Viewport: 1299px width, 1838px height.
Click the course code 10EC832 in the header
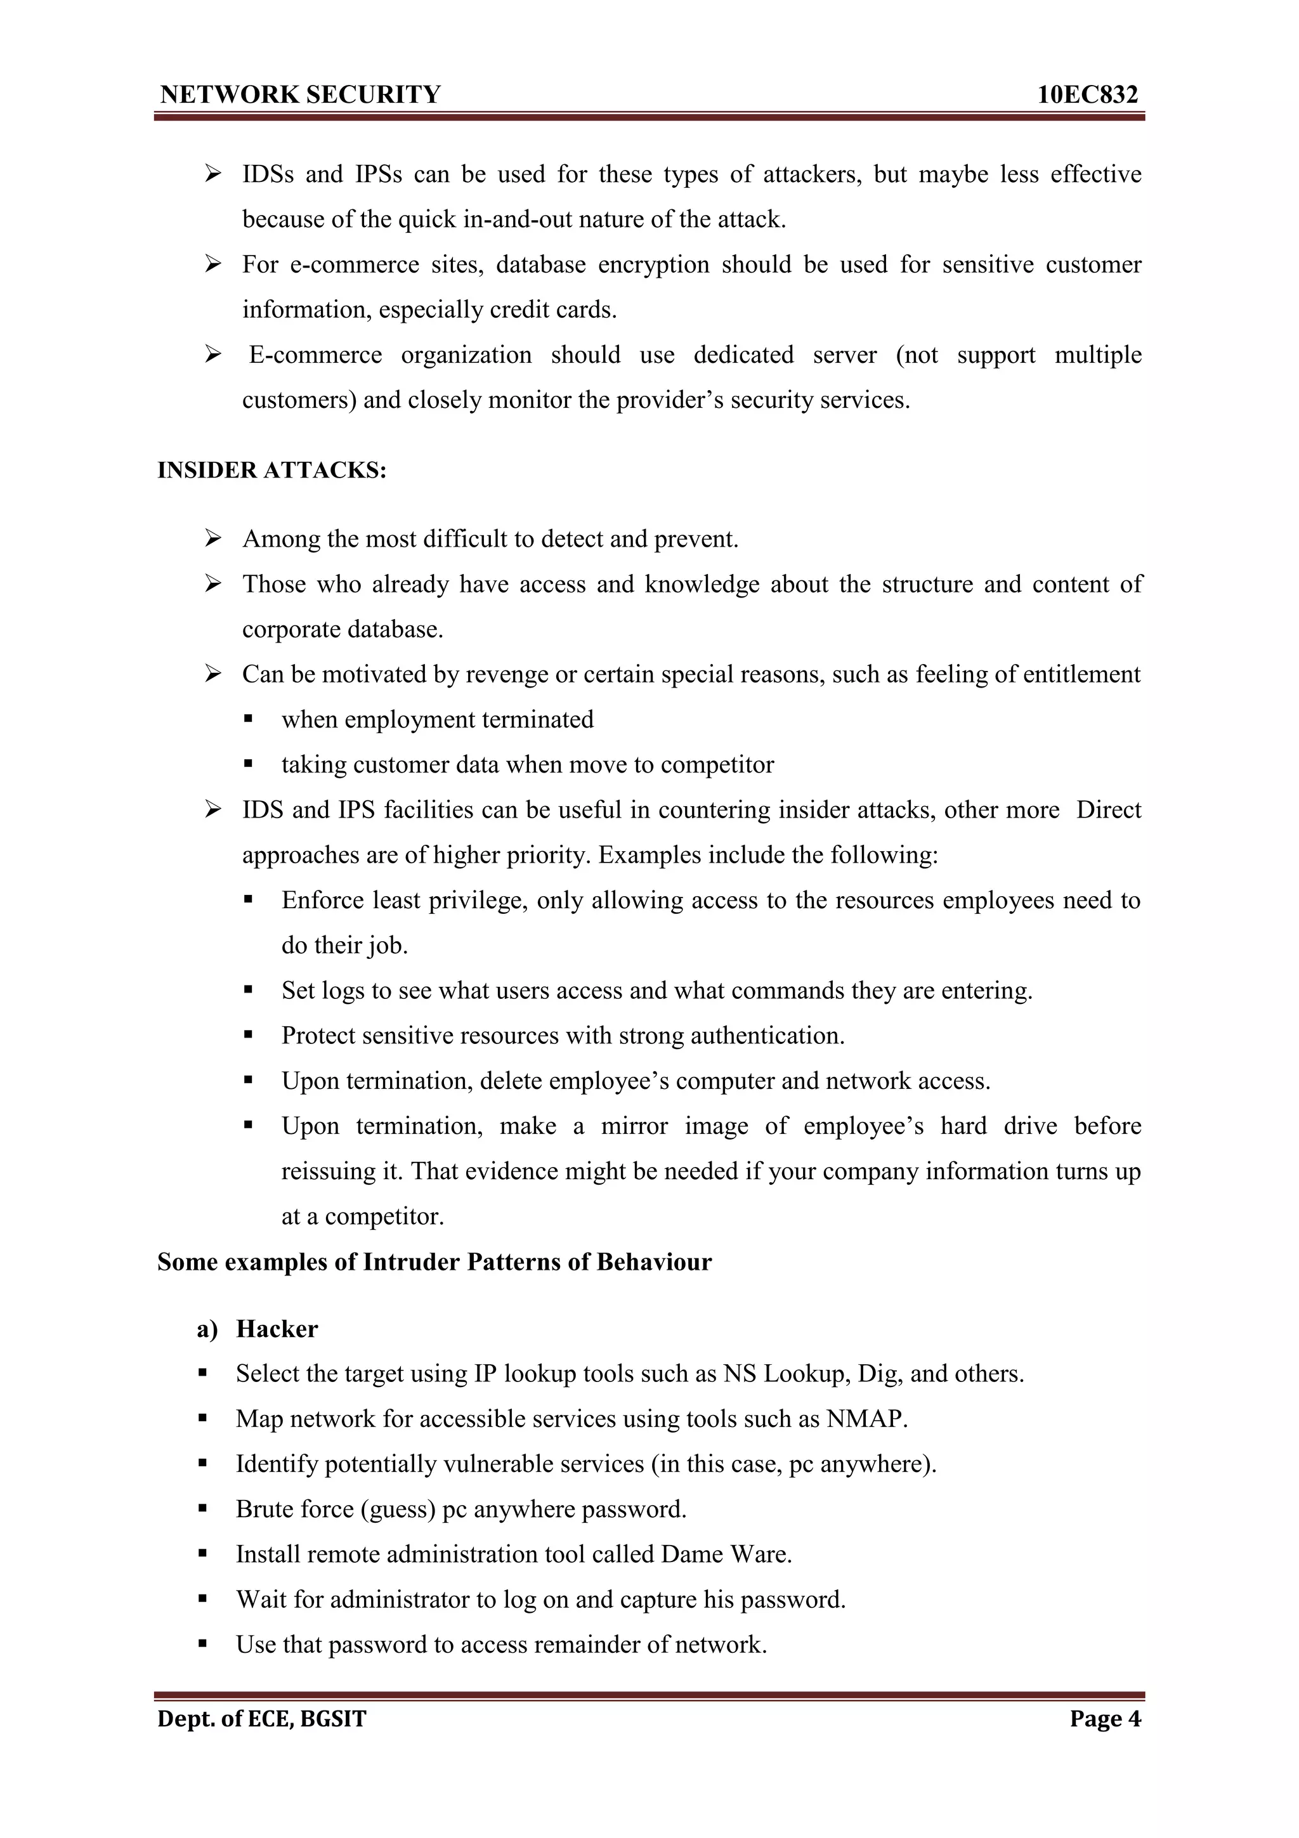pos(1087,95)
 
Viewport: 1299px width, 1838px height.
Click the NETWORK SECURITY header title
pos(300,95)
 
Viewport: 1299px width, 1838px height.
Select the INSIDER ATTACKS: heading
pos(272,470)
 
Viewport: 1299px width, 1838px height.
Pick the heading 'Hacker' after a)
pos(277,1329)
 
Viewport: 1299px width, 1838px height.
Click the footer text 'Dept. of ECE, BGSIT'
pos(262,1719)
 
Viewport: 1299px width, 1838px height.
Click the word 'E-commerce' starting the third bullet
pos(315,355)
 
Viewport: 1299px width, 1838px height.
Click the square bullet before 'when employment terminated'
pos(248,719)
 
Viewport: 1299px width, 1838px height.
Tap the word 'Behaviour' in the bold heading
pos(654,1261)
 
